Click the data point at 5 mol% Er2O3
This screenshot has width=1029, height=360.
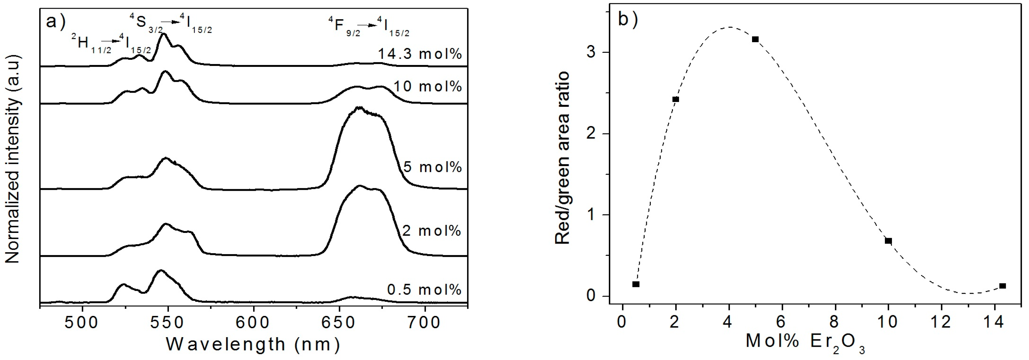click(755, 39)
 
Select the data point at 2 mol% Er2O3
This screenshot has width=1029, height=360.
click(675, 99)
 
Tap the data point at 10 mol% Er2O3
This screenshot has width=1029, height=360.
click(888, 241)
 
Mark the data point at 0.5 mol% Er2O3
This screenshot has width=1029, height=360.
click(636, 284)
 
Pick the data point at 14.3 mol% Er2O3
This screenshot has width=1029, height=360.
click(1003, 286)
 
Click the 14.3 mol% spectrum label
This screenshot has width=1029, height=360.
click(420, 54)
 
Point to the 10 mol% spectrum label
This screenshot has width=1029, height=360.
click(427, 86)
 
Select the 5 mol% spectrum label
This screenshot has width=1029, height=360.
click(432, 167)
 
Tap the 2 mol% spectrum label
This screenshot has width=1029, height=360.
click(431, 231)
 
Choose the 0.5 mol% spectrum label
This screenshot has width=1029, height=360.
click(424, 289)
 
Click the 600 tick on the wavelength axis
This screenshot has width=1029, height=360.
click(253, 322)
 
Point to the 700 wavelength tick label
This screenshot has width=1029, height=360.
click(424, 322)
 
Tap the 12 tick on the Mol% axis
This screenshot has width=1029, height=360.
click(941, 321)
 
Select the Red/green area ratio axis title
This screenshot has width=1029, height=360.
click(563, 158)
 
